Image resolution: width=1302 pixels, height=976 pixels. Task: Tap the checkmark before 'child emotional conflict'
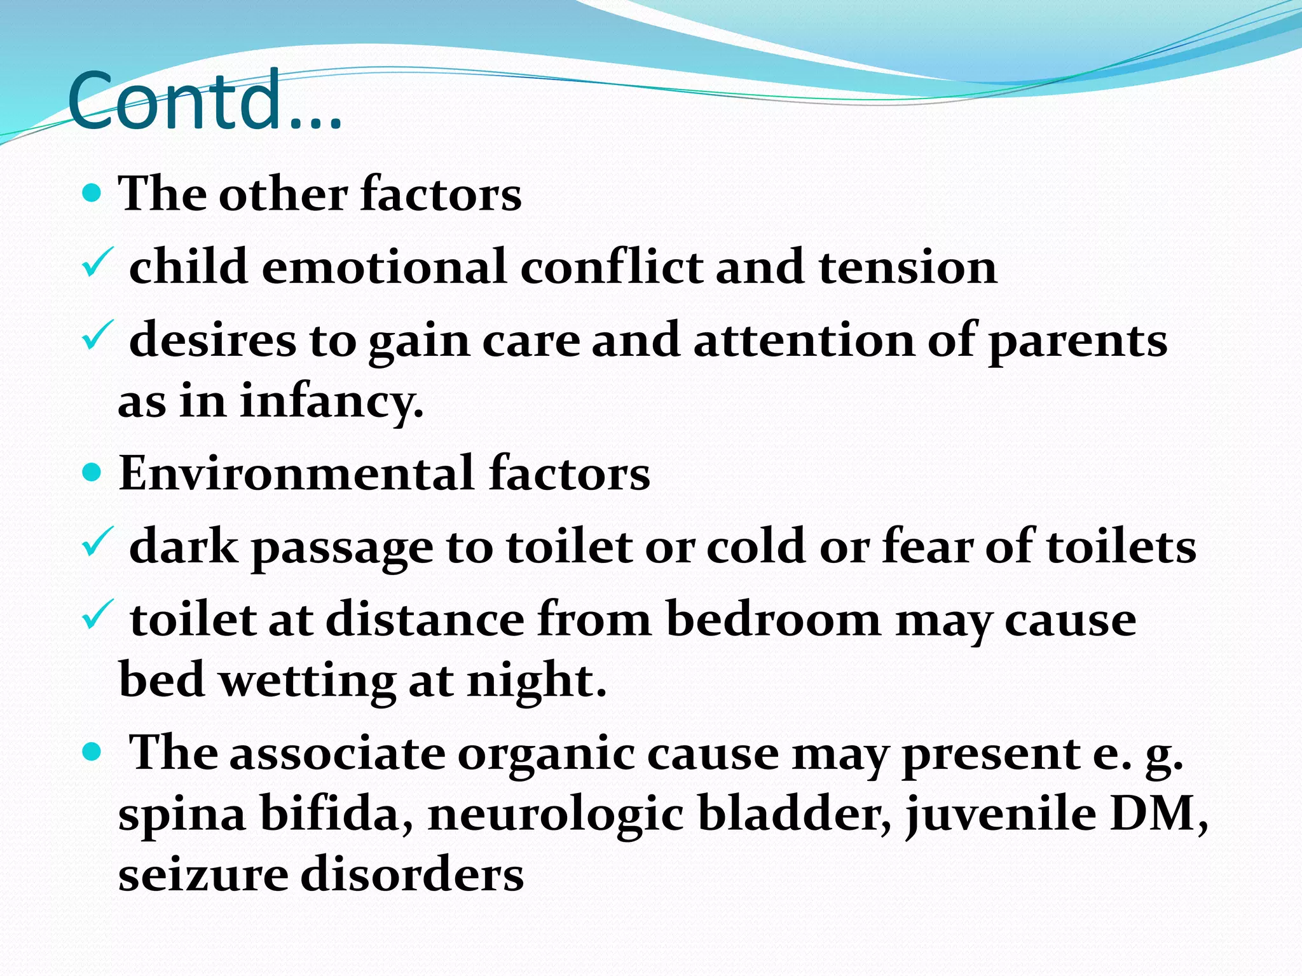97,263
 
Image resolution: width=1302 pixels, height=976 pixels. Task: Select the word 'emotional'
384,266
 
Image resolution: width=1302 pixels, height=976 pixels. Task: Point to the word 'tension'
907,266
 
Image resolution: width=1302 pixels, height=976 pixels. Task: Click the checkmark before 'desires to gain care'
97,336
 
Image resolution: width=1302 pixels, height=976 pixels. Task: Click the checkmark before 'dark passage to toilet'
97,543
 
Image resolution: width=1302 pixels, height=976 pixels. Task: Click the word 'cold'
755,546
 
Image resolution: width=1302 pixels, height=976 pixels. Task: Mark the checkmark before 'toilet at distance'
97,615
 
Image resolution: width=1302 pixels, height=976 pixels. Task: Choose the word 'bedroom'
773,619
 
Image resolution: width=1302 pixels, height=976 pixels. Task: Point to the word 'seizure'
202,875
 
